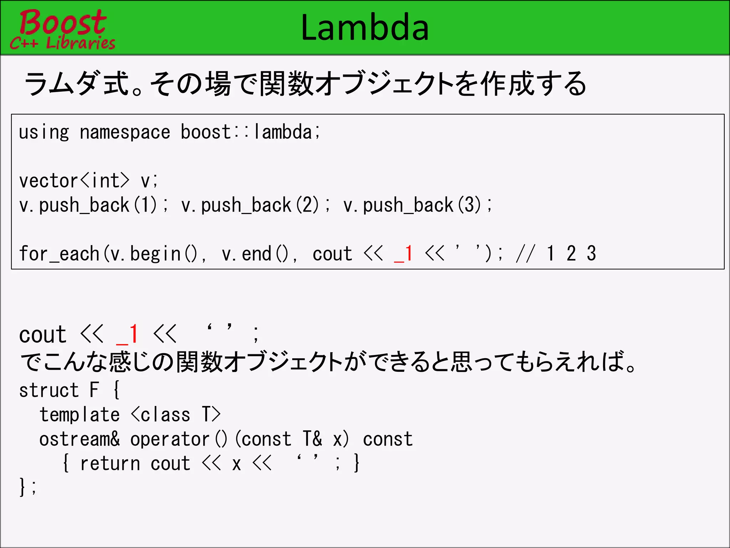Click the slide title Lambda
point(365,28)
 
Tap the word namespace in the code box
point(125,132)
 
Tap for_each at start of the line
point(59,254)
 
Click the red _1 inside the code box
point(403,254)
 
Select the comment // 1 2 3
point(556,254)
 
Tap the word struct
point(49,390)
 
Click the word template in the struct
point(79,415)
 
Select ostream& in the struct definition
point(79,439)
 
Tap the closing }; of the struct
point(27,487)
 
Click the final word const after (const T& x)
point(388,439)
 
